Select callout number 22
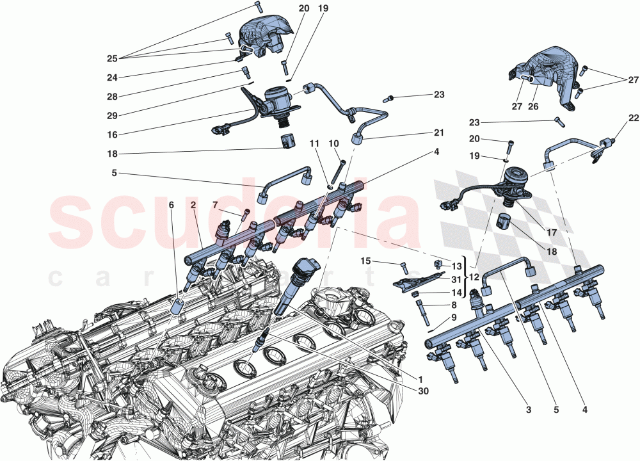tap(634, 118)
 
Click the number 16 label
tap(112, 136)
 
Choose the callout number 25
tap(112, 58)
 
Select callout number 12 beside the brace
tap(474, 277)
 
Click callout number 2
tap(193, 204)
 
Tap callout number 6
tap(171, 205)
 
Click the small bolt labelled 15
tap(404, 267)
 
